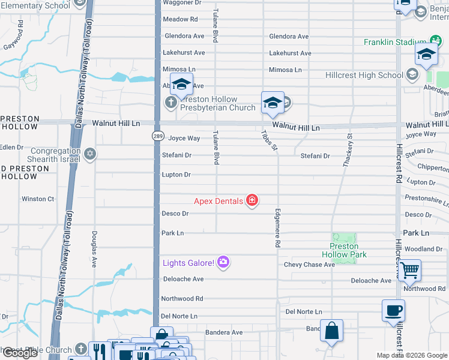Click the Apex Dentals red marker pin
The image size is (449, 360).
coord(253,201)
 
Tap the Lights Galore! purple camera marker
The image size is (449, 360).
coord(223,262)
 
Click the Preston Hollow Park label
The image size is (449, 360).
coord(344,250)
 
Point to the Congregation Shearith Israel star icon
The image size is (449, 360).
coord(90,155)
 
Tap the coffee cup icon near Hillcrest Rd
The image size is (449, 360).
coord(393,311)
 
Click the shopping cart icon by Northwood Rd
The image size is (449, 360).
coord(409,271)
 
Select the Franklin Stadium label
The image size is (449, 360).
coord(394,43)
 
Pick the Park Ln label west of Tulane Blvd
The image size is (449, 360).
coord(172,233)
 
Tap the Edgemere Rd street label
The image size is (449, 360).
coord(277,229)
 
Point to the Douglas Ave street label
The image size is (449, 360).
coord(94,248)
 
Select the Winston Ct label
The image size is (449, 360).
coord(38,199)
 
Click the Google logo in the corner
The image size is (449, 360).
coord(20,353)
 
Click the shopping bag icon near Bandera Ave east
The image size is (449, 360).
coord(331,331)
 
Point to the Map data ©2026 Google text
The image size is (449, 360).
coord(412,355)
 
